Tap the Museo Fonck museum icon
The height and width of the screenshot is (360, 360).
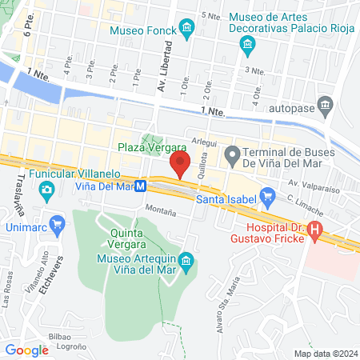pos(186,30)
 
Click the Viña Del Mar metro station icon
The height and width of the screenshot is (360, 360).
pos(141,186)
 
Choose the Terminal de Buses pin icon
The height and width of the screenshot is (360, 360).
pos(232,153)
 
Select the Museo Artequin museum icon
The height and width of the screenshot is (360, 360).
pos(186,260)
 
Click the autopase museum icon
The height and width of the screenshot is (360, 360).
pos(325,104)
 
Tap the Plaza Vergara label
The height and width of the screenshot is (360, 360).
pos(152,147)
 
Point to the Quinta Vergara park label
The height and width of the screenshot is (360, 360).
pos(133,238)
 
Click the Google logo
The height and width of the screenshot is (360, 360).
pos(26,350)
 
